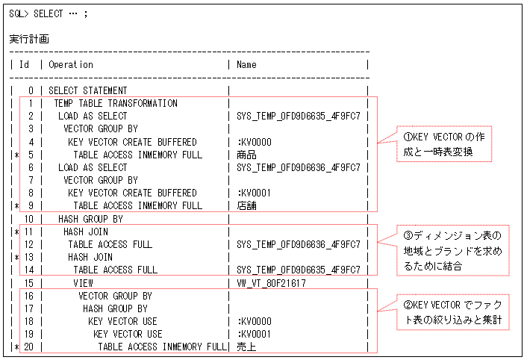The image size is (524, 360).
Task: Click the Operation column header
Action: pyautogui.click(x=71, y=65)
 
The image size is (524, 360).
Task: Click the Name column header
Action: pyautogui.click(x=246, y=65)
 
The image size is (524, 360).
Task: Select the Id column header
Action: pyautogui.click(x=24, y=65)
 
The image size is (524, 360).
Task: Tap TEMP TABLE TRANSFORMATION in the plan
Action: pyautogui.click(x=116, y=103)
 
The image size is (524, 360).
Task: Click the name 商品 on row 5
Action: pyautogui.click(x=246, y=155)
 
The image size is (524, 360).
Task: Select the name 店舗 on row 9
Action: pyautogui.click(x=246, y=205)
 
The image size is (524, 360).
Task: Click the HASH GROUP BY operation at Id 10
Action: pyautogui.click(x=90, y=219)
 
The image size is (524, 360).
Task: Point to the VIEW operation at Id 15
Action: pyautogui.click(x=83, y=283)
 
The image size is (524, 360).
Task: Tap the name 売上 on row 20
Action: pyautogui.click(x=246, y=347)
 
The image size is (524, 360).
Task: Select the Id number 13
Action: pyautogui.click(x=29, y=257)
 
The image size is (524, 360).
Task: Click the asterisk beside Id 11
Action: pyautogui.click(x=15, y=232)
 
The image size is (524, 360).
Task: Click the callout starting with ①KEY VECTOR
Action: pyautogui.click(x=445, y=145)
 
